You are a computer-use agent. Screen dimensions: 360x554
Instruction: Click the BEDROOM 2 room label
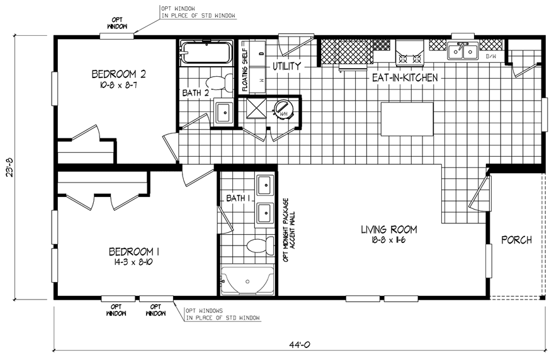click(x=113, y=75)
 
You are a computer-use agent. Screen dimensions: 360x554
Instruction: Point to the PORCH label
click(x=516, y=240)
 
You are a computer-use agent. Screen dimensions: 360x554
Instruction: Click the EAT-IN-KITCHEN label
click(x=405, y=77)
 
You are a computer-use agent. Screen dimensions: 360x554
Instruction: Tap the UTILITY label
click(x=286, y=65)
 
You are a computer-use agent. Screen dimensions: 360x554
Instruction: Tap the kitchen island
click(x=409, y=119)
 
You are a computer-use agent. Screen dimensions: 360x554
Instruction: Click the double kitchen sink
click(x=463, y=51)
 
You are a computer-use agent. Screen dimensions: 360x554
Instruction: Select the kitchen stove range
click(x=410, y=52)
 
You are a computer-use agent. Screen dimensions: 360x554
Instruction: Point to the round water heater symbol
click(x=283, y=110)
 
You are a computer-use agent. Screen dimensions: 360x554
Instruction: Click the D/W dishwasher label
click(x=492, y=57)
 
